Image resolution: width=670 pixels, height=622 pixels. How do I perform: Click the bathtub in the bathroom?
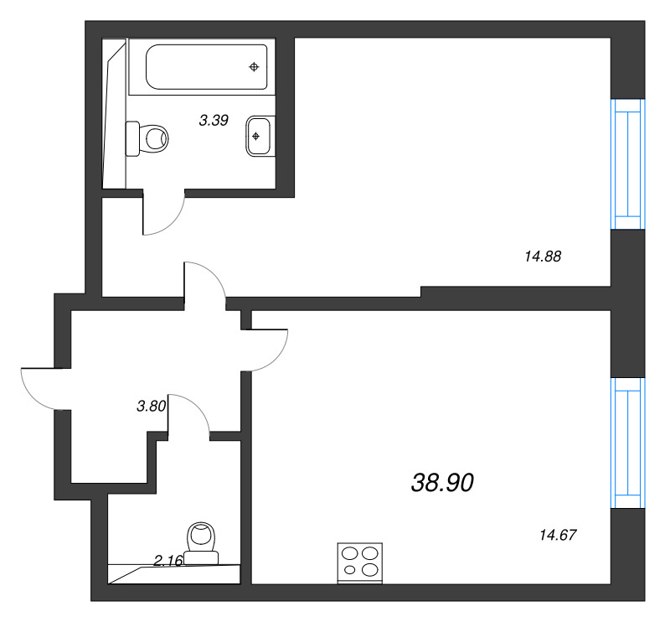(202, 67)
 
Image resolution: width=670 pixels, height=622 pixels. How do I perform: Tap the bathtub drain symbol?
(255, 67)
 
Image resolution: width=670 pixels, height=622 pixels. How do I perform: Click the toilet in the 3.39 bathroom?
(147, 138)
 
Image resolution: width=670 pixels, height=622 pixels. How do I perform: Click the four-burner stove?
(360, 562)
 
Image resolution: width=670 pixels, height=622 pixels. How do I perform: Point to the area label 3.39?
(214, 120)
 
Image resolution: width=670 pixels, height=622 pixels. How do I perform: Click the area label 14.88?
(543, 257)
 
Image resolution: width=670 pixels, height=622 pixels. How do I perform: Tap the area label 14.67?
(558, 535)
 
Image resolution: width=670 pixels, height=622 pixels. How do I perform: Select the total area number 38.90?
(443, 483)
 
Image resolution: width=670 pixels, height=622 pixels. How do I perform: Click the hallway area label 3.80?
(152, 406)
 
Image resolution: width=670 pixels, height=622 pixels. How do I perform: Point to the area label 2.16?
(168, 560)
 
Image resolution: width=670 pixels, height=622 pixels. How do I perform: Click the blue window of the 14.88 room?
(627, 164)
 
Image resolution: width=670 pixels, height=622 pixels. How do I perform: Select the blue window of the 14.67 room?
(627, 443)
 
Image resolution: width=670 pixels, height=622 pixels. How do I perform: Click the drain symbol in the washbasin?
(255, 136)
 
